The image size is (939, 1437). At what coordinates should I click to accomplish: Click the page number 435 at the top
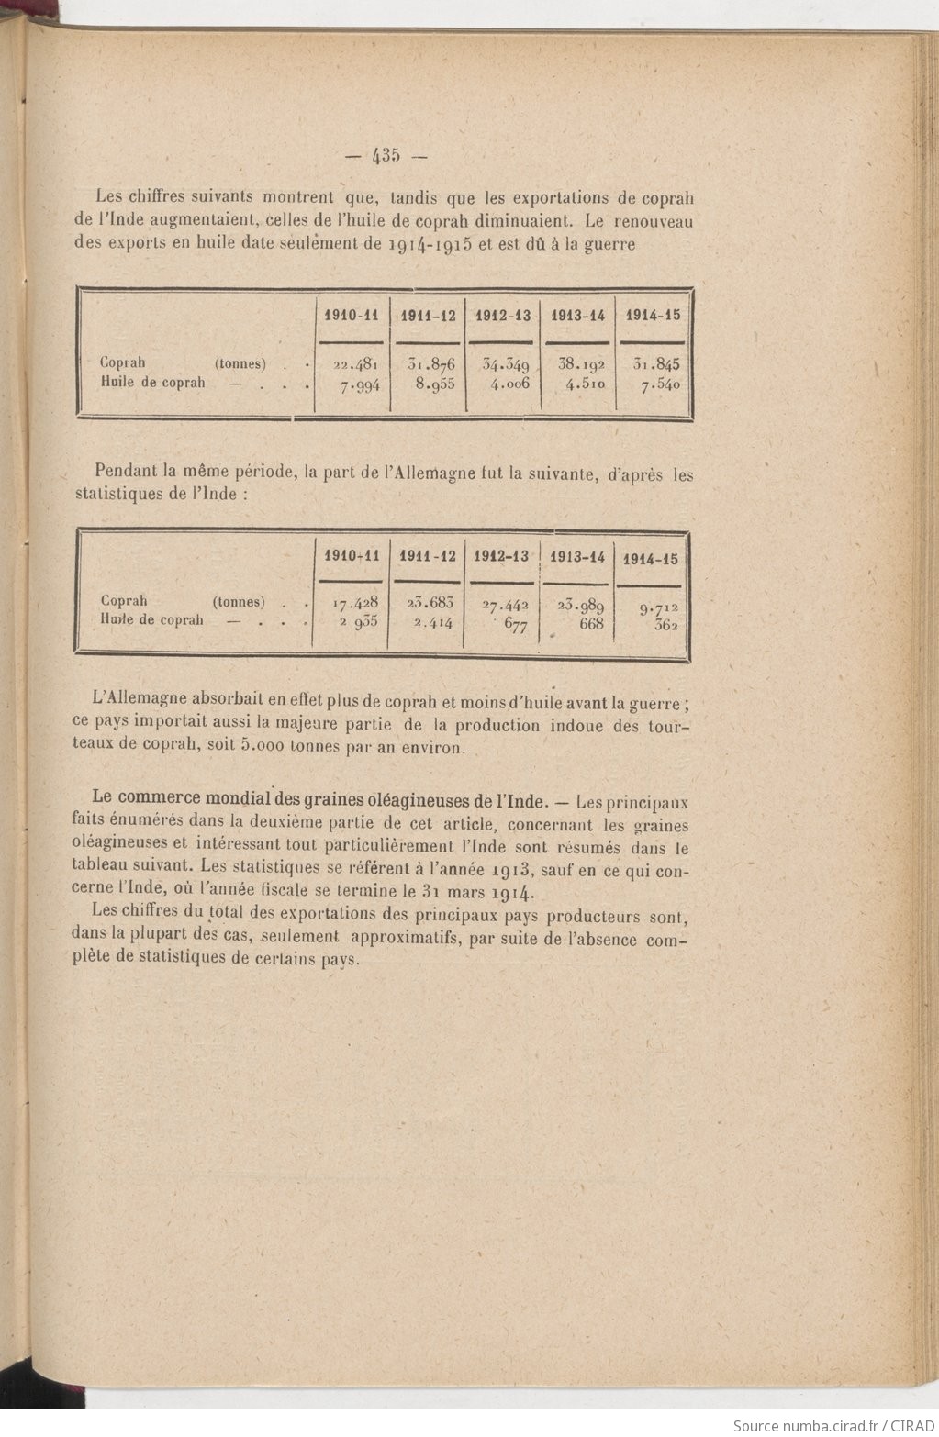pos(386,156)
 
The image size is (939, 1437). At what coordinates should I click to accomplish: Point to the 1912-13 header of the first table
pos(502,316)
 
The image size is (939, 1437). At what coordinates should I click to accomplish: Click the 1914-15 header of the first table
pos(653,315)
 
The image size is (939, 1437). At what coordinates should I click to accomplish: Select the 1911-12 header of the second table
pos(427,556)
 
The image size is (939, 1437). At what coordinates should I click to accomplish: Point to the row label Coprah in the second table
pos(124,601)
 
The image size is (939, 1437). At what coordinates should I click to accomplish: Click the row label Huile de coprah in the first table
pos(152,382)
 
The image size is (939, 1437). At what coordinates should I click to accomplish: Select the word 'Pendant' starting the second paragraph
pos(126,473)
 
